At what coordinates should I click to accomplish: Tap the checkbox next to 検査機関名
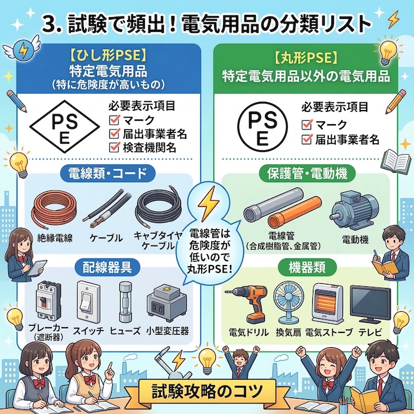[x=115, y=148]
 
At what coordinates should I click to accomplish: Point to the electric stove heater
[x=327, y=302]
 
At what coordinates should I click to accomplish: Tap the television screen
[x=370, y=302]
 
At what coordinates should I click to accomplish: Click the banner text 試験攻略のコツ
[x=206, y=391]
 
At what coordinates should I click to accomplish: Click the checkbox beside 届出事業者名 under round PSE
[x=307, y=140]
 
